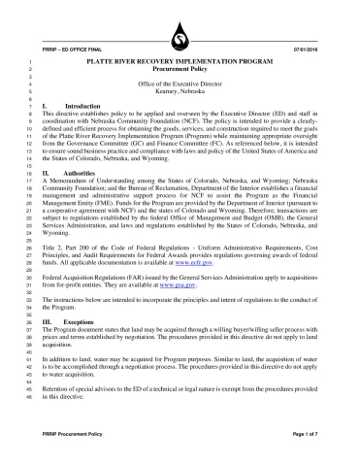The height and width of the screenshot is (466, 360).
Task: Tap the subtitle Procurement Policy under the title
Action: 180,70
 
